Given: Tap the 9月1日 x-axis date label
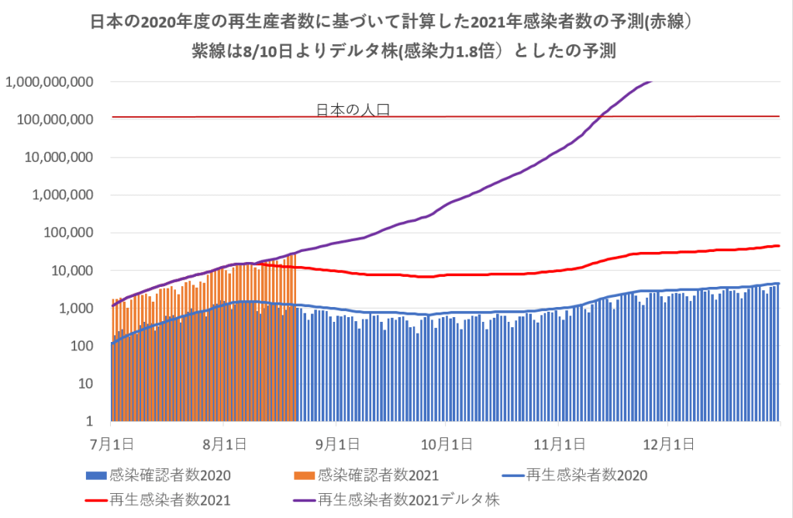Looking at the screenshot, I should pos(336,444).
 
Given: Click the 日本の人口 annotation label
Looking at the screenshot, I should pos(353,109).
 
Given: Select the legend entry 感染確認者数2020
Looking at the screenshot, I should pos(171,474).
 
